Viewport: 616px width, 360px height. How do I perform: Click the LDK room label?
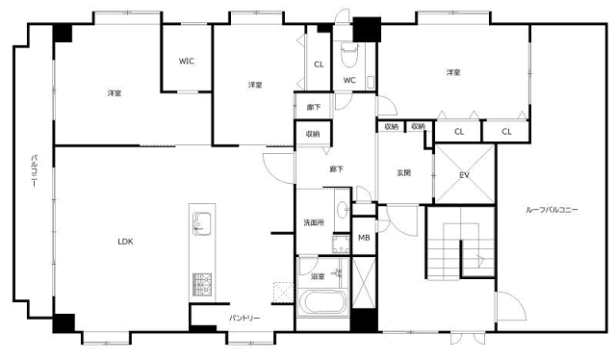(125, 242)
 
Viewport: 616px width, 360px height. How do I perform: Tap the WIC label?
(186, 61)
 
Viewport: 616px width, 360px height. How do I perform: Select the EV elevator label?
(464, 175)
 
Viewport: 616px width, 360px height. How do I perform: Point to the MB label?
(364, 238)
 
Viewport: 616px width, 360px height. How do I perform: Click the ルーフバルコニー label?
(552, 210)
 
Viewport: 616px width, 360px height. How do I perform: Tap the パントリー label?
(244, 318)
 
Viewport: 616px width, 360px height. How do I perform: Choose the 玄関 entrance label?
(403, 172)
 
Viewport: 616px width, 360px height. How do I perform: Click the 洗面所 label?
(314, 222)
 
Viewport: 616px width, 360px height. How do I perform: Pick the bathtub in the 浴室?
(323, 302)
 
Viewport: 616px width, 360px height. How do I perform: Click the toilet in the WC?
(348, 55)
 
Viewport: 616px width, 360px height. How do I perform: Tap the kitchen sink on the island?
(201, 223)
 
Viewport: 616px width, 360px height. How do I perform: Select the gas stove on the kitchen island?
(202, 285)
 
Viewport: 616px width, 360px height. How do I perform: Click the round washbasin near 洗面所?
(343, 210)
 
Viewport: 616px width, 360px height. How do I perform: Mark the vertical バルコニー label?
(35, 171)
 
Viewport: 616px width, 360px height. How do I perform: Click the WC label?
(349, 80)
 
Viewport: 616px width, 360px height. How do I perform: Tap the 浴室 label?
(318, 276)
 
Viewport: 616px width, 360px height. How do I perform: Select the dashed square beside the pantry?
(283, 293)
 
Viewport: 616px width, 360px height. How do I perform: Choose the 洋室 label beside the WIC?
(115, 93)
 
